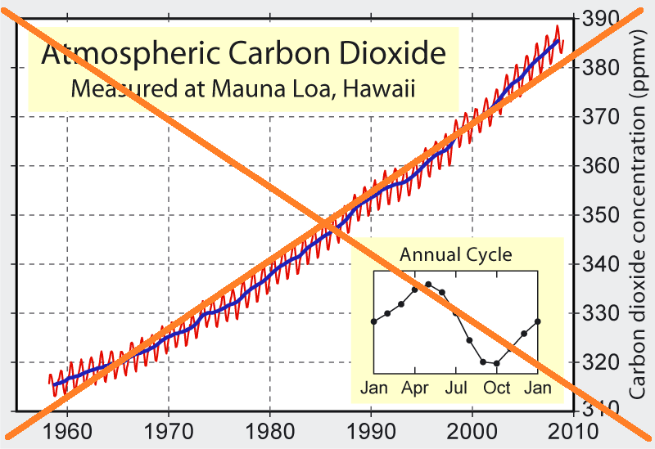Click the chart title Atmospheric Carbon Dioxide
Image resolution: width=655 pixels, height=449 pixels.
[x=244, y=55]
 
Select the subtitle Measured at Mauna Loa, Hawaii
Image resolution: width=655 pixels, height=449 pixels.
[x=243, y=88]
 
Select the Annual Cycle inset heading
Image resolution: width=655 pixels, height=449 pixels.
[x=456, y=254]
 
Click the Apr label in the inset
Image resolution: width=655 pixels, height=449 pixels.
[x=415, y=387]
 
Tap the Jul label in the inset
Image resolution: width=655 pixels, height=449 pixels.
[x=456, y=387]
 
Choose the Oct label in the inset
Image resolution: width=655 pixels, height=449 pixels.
[x=497, y=387]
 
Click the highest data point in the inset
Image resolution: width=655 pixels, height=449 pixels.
[x=428, y=285]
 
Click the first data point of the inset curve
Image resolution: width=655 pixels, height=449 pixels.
[x=374, y=321]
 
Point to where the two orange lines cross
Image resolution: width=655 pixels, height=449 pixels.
[x=327, y=222]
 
